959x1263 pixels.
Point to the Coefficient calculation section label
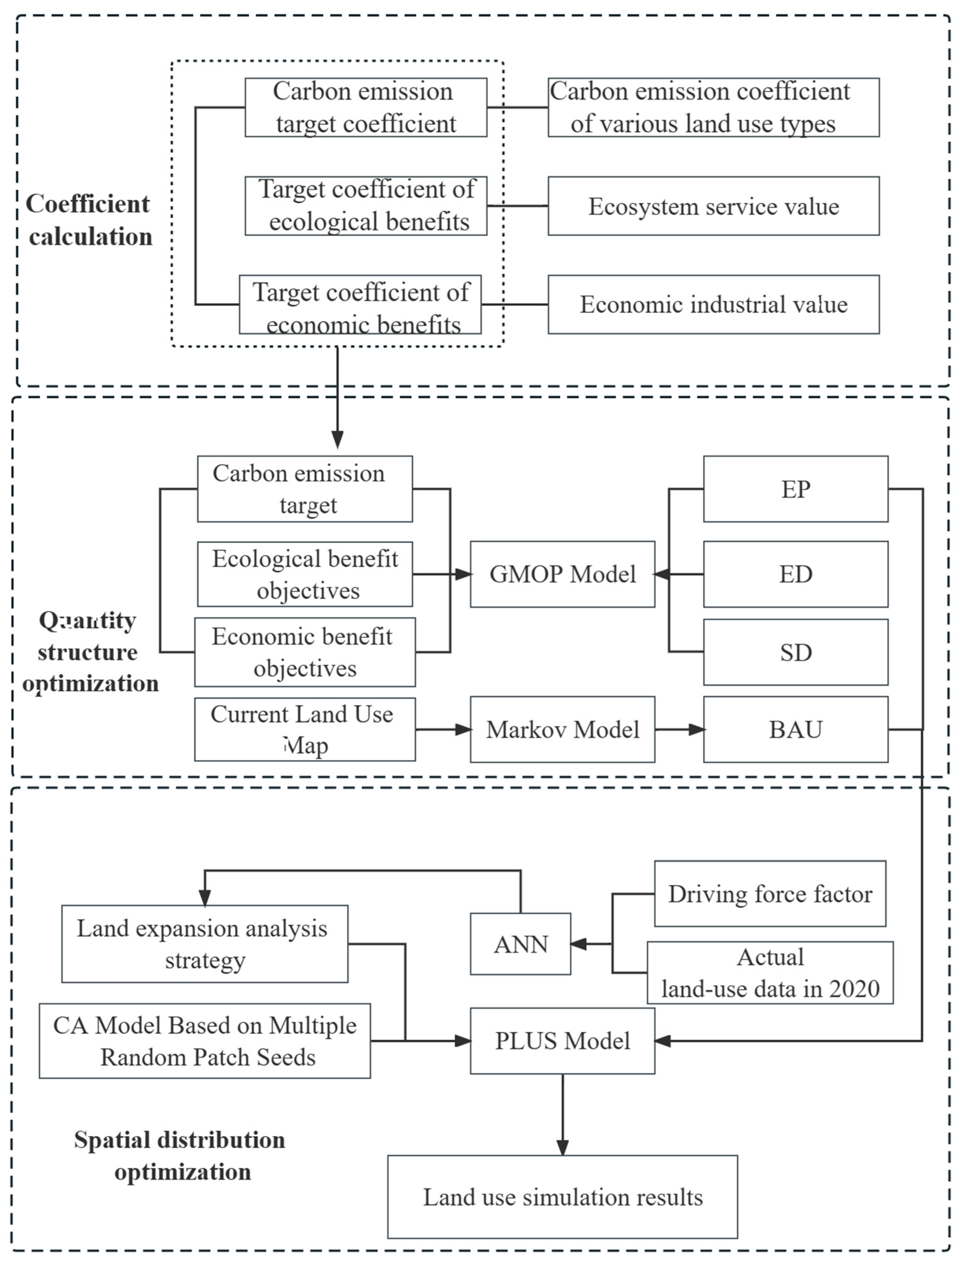tap(89, 220)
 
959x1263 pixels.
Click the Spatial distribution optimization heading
tap(180, 1156)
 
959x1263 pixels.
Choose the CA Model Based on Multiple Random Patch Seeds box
tap(204, 1040)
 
